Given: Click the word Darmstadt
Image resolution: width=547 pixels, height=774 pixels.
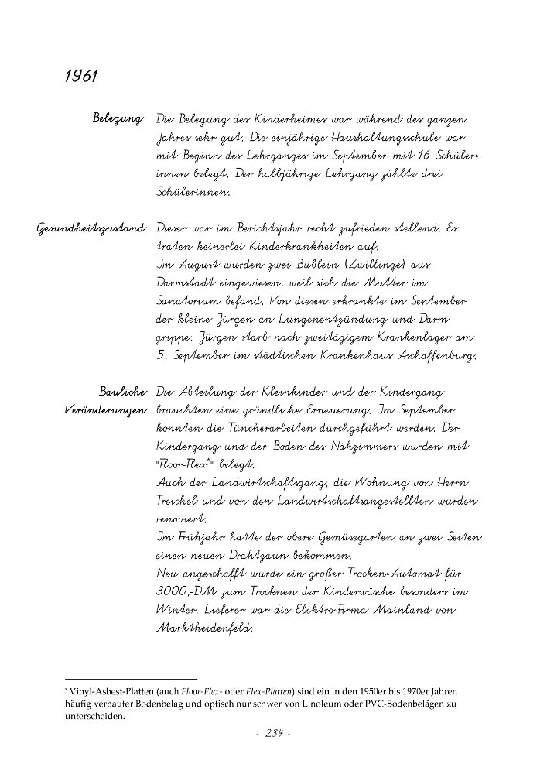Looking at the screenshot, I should pos(190,283).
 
